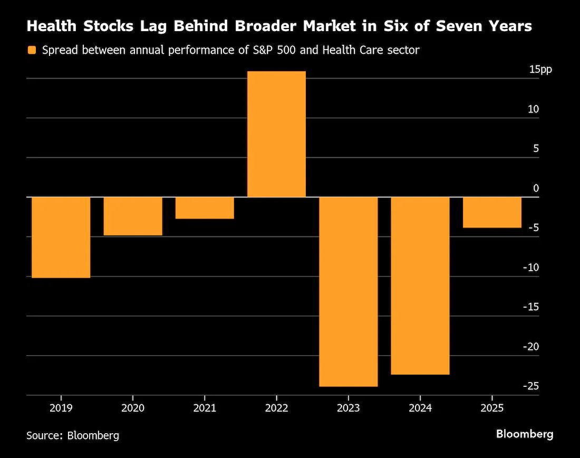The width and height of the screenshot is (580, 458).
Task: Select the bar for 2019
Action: coord(61,237)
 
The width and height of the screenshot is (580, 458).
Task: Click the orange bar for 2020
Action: coord(132,216)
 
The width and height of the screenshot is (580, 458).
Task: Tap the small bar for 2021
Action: coord(204,207)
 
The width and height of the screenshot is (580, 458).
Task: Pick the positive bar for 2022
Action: coord(276,134)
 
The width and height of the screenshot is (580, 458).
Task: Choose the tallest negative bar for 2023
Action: coord(348,291)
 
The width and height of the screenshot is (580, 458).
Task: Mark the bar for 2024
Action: coord(420,285)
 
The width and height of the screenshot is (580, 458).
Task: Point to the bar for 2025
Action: coord(492,212)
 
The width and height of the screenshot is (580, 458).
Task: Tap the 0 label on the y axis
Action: coord(536,188)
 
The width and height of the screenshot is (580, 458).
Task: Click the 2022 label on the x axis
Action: coord(276,408)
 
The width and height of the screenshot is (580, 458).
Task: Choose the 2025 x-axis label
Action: coord(492,408)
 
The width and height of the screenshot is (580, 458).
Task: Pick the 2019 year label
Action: coord(61,408)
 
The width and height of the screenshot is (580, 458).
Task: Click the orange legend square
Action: coord(32,51)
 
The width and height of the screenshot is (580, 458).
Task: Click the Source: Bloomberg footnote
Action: coord(73,435)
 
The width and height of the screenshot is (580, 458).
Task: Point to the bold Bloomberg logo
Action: coord(525,434)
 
